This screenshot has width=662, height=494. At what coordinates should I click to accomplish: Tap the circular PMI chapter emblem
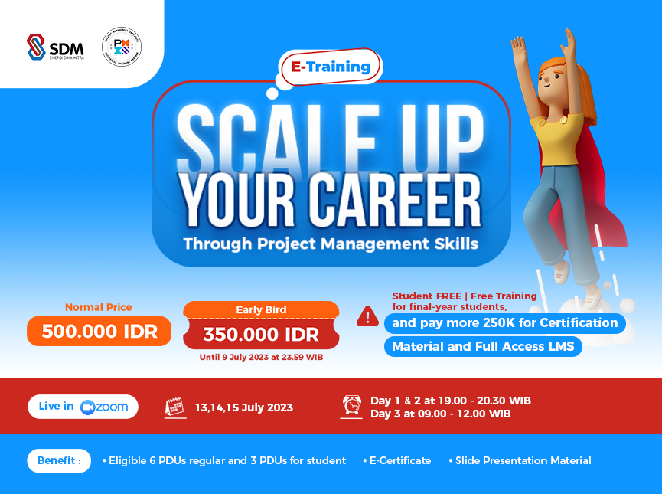[x=122, y=46]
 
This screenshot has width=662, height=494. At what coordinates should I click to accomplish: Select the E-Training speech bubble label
[x=330, y=67]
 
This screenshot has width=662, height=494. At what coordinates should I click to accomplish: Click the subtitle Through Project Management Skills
[x=331, y=244]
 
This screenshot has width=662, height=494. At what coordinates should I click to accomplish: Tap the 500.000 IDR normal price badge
[x=99, y=331]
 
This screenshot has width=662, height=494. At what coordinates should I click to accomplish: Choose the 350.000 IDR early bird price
[x=261, y=334]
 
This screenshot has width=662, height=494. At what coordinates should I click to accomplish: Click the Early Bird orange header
[x=261, y=309]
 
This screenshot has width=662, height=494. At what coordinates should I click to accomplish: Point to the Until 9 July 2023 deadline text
[x=261, y=357]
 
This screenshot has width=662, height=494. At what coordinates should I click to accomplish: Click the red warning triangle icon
[x=367, y=316]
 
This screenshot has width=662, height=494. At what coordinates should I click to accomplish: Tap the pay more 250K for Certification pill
[x=504, y=323]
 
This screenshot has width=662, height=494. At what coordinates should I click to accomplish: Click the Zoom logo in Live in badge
[x=105, y=407]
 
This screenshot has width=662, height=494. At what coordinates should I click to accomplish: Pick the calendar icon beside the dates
[x=175, y=407]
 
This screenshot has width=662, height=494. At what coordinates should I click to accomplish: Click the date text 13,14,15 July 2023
[x=243, y=407]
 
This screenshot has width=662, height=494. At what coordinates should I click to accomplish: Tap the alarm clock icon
[x=352, y=407]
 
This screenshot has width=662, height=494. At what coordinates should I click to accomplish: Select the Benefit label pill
[x=60, y=460]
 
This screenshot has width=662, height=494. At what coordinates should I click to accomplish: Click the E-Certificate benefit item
[x=400, y=460]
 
